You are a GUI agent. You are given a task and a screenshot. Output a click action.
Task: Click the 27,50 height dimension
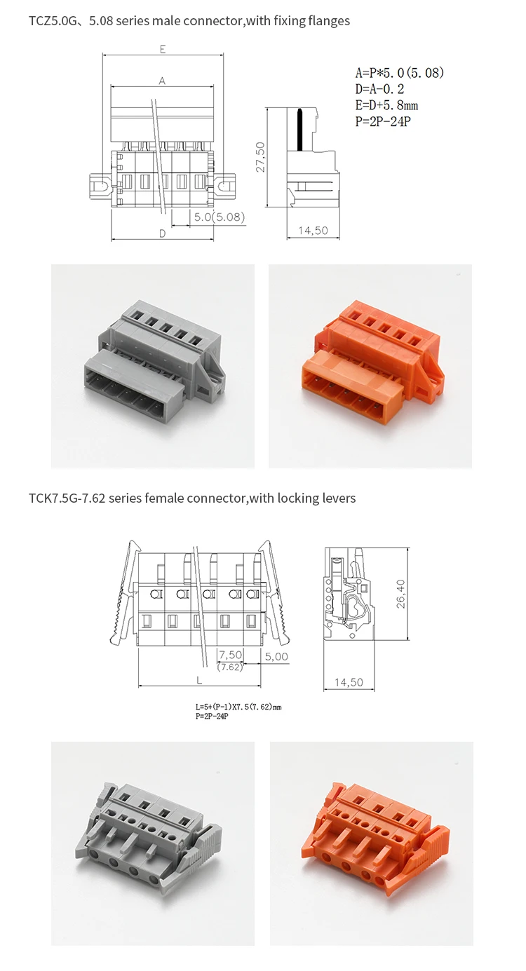click(x=260, y=157)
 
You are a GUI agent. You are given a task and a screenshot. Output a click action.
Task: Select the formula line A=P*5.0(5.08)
click(x=400, y=73)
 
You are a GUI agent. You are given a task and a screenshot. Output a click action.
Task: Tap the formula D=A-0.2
click(x=379, y=89)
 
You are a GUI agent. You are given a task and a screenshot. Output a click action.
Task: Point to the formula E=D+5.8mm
click(x=386, y=105)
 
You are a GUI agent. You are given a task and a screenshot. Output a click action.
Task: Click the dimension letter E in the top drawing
click(x=162, y=49)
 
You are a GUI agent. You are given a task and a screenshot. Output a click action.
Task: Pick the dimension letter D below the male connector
click(x=162, y=233)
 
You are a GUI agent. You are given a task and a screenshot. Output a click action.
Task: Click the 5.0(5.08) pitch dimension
click(x=219, y=217)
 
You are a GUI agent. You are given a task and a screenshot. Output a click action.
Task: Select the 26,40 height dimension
click(x=401, y=592)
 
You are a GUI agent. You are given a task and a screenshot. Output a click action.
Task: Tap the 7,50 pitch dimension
click(x=231, y=655)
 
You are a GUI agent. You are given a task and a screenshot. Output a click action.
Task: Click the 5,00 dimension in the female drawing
click(x=276, y=657)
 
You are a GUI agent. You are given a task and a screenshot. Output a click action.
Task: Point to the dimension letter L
click(x=199, y=679)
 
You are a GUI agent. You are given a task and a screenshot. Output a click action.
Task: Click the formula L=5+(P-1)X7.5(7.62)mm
click(x=238, y=707)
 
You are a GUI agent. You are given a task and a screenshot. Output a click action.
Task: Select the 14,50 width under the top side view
click(x=313, y=231)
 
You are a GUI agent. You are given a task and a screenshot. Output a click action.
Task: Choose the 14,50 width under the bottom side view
click(x=349, y=682)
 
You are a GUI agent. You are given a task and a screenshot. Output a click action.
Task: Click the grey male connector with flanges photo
click(x=153, y=367)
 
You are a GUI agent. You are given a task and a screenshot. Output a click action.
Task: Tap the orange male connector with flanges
click(x=370, y=367)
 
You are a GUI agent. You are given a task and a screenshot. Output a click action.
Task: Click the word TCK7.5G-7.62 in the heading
click(x=67, y=498)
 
